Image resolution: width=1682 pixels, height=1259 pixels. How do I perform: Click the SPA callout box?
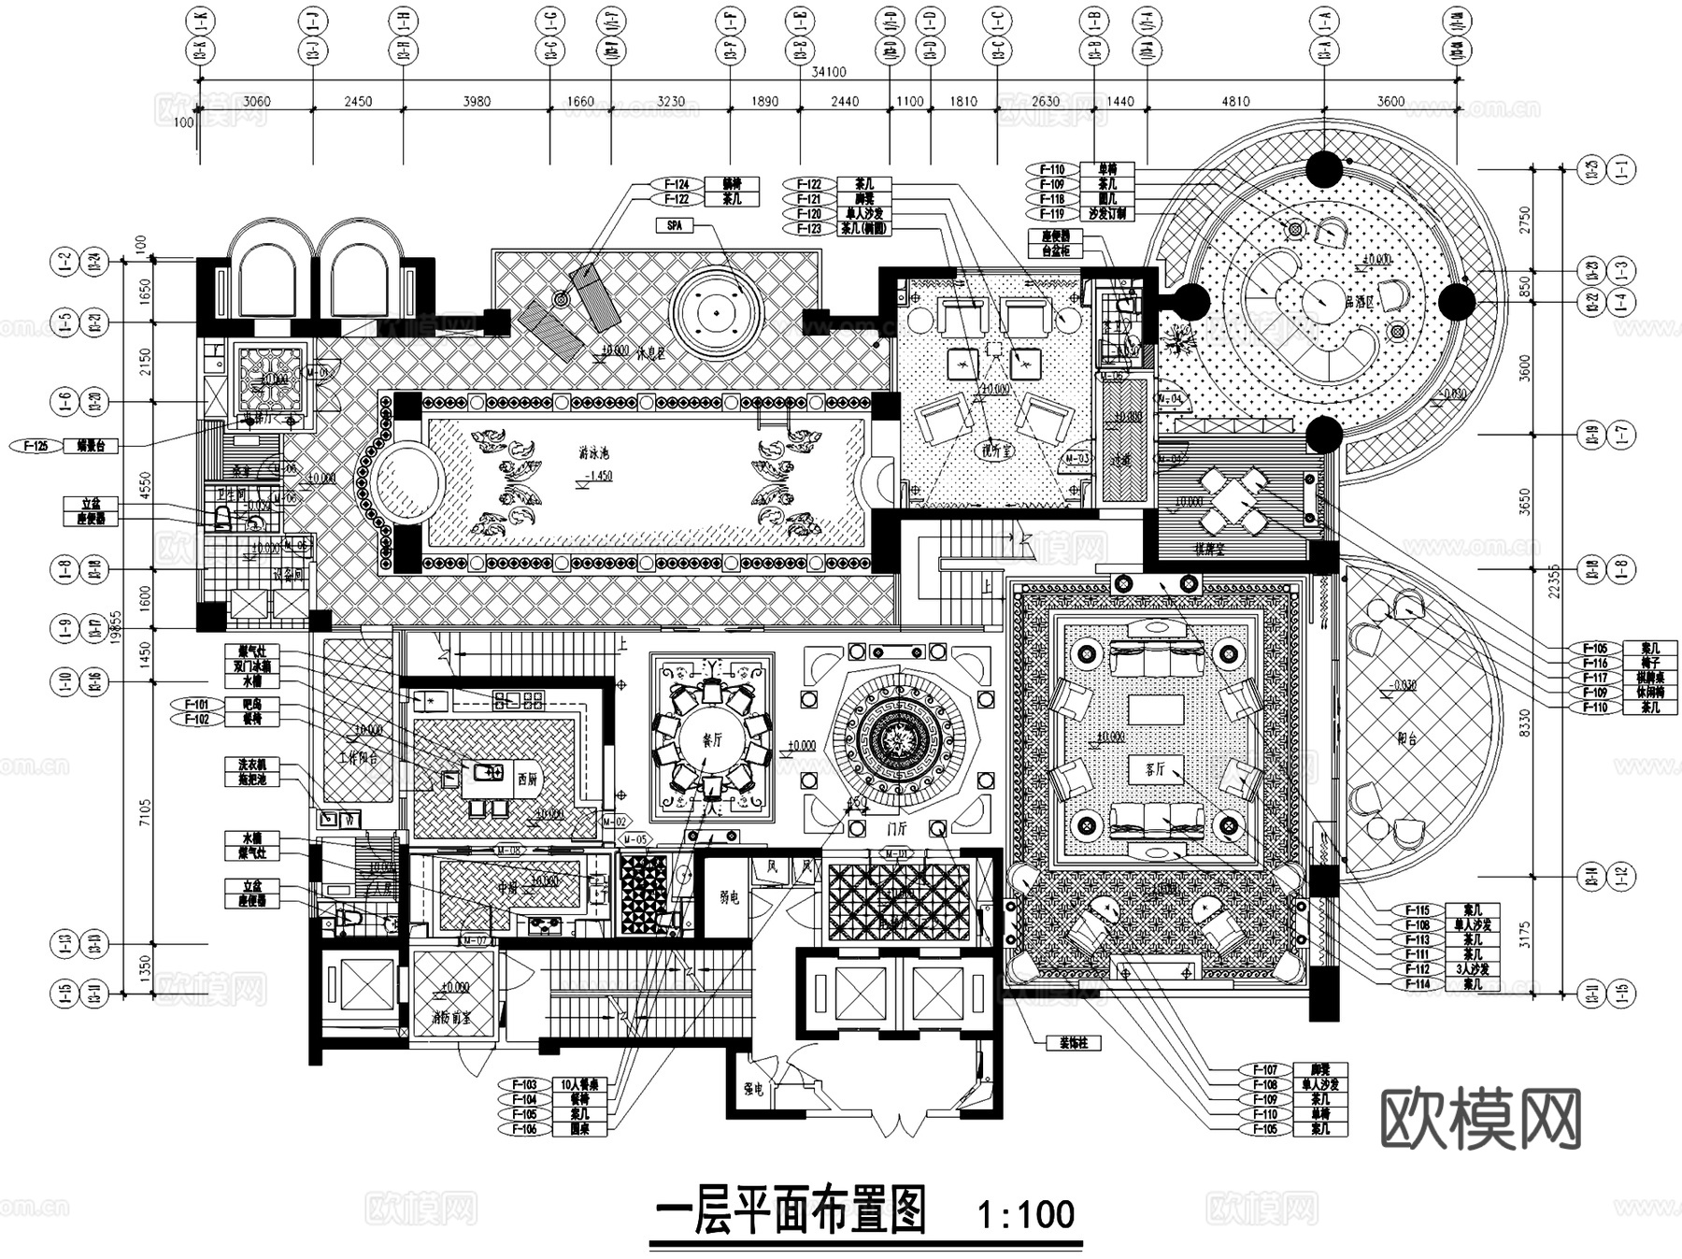(675, 225)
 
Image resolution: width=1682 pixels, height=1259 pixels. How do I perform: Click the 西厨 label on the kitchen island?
(526, 778)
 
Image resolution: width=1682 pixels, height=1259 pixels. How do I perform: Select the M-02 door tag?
(613, 822)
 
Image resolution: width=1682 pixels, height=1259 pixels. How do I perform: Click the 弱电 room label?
(729, 897)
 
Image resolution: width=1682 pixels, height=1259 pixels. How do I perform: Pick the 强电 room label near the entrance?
(753, 1089)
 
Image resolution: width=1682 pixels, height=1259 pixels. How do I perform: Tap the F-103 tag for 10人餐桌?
(525, 1085)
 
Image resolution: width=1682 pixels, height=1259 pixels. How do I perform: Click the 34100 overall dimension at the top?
(828, 72)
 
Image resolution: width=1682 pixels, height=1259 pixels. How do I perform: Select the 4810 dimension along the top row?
(1235, 101)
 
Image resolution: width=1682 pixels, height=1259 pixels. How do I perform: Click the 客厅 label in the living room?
(1155, 769)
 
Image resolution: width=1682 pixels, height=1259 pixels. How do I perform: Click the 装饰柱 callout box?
(1073, 1043)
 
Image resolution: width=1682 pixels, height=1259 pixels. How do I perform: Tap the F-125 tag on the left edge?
(36, 446)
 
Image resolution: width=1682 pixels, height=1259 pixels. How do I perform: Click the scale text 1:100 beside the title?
(1025, 1214)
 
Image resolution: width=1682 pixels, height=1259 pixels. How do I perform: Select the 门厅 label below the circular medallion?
(895, 828)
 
